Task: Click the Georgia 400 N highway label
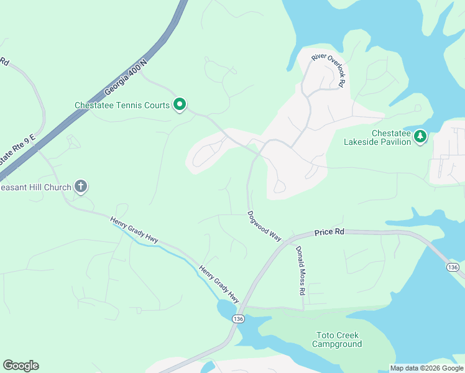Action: click(x=126, y=77)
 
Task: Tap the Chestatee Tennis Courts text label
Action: click(x=122, y=105)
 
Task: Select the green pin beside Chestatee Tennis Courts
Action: click(x=180, y=104)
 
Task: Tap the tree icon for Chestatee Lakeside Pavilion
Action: click(x=421, y=136)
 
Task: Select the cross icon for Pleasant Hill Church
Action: click(x=80, y=185)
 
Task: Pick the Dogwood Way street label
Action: click(x=265, y=226)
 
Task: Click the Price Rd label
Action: click(x=329, y=231)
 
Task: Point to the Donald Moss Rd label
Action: click(x=300, y=270)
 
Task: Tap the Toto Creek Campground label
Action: click(x=336, y=340)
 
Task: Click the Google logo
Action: click(x=21, y=366)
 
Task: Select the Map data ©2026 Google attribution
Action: click(x=426, y=368)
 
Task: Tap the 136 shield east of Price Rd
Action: click(x=453, y=267)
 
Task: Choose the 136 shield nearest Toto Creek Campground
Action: click(x=237, y=318)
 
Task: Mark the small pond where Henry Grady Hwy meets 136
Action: click(x=224, y=308)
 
